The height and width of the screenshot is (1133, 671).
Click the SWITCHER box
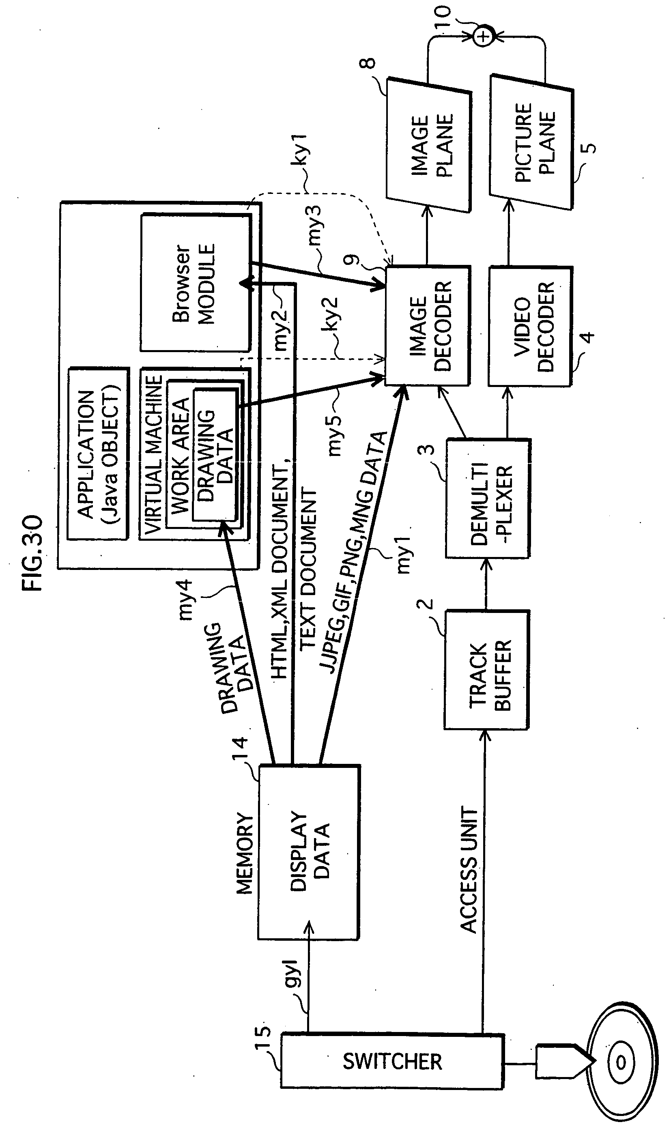click(x=391, y=1061)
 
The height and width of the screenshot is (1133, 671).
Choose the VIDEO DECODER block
click(x=530, y=327)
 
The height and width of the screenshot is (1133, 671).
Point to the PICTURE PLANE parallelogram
click(x=532, y=142)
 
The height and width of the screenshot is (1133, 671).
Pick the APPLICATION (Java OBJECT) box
click(x=98, y=454)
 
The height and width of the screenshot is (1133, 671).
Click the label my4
click(x=185, y=599)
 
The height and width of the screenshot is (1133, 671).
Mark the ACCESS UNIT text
click(x=469, y=869)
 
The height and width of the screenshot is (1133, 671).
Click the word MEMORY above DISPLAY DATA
click(x=245, y=853)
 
